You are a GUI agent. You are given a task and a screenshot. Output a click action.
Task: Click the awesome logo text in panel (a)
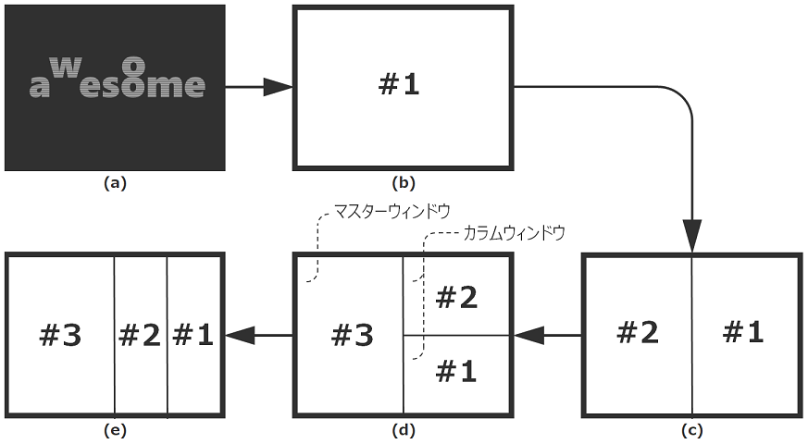[x=116, y=81]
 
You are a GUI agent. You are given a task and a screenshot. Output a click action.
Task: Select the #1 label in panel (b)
[x=399, y=86]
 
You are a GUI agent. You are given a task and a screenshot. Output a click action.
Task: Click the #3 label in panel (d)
[x=353, y=335]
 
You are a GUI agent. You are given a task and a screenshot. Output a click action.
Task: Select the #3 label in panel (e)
[x=60, y=335]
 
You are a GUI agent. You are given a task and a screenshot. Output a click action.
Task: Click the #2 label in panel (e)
[x=140, y=335]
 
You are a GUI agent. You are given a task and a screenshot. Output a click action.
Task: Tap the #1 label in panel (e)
[x=193, y=335]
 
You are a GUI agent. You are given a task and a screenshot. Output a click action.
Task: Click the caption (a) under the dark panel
[x=115, y=183]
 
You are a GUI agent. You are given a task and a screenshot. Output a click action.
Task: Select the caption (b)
[x=402, y=183]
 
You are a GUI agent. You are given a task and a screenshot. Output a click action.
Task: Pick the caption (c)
[x=692, y=430]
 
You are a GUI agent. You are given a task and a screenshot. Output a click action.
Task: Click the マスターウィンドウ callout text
[x=392, y=211]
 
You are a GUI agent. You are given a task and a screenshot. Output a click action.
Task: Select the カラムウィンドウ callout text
[x=514, y=232]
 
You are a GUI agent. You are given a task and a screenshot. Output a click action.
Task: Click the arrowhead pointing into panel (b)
[x=279, y=88]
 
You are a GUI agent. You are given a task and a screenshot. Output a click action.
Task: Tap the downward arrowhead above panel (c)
[x=692, y=236]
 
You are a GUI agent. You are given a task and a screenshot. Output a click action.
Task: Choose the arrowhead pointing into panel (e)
[x=240, y=336]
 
